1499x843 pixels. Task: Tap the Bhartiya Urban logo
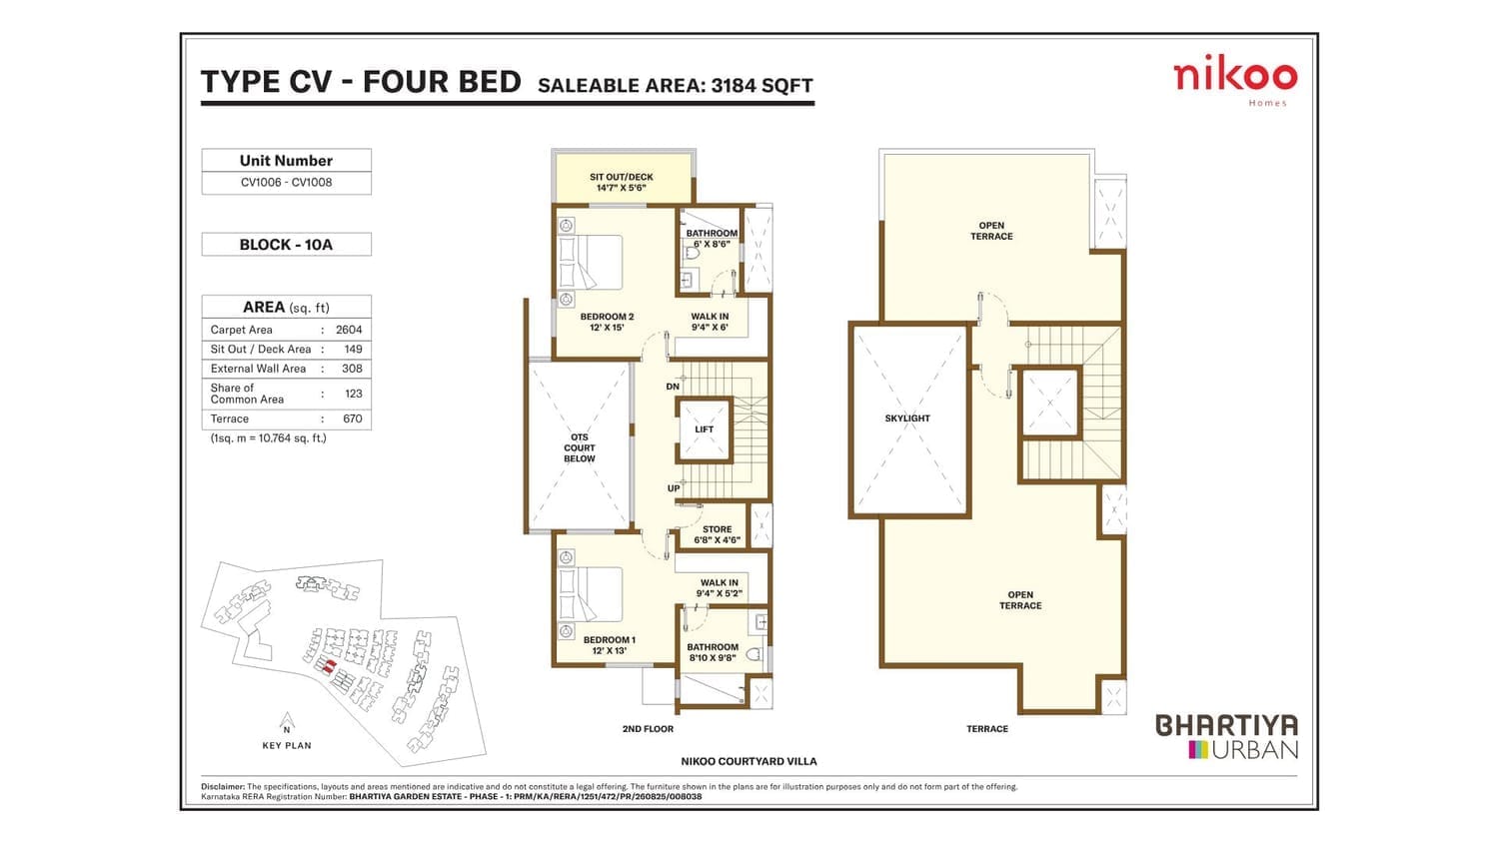point(1227,736)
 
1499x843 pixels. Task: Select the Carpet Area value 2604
point(349,330)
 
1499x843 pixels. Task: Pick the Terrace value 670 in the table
point(352,419)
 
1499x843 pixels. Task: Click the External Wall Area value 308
point(352,369)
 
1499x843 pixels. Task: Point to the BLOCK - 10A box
point(287,244)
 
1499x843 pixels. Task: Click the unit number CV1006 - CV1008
point(287,182)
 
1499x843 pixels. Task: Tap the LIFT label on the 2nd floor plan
point(704,429)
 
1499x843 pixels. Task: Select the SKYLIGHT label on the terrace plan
point(907,419)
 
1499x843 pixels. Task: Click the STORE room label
point(717,529)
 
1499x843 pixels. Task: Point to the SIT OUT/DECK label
point(621,178)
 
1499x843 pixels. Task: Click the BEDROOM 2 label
point(607,317)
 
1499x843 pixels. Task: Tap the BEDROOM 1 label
point(609,639)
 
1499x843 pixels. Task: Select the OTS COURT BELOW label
point(579,447)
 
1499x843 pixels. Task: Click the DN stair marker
point(673,387)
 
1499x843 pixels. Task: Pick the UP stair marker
point(674,488)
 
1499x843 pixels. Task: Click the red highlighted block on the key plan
point(329,666)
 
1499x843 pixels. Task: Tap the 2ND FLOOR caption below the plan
point(648,728)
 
